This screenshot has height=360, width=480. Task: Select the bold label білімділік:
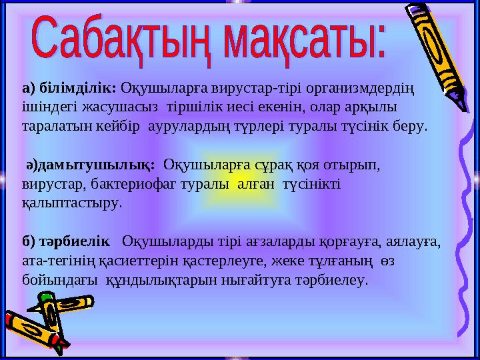[x=77, y=87]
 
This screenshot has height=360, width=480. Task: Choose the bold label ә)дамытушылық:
[x=90, y=163]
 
